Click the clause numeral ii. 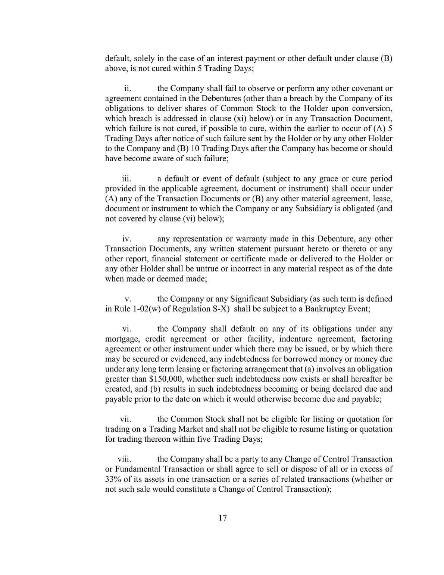tap(127, 88)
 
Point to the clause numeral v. tap(128, 299)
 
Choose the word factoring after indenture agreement tap(377, 339)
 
